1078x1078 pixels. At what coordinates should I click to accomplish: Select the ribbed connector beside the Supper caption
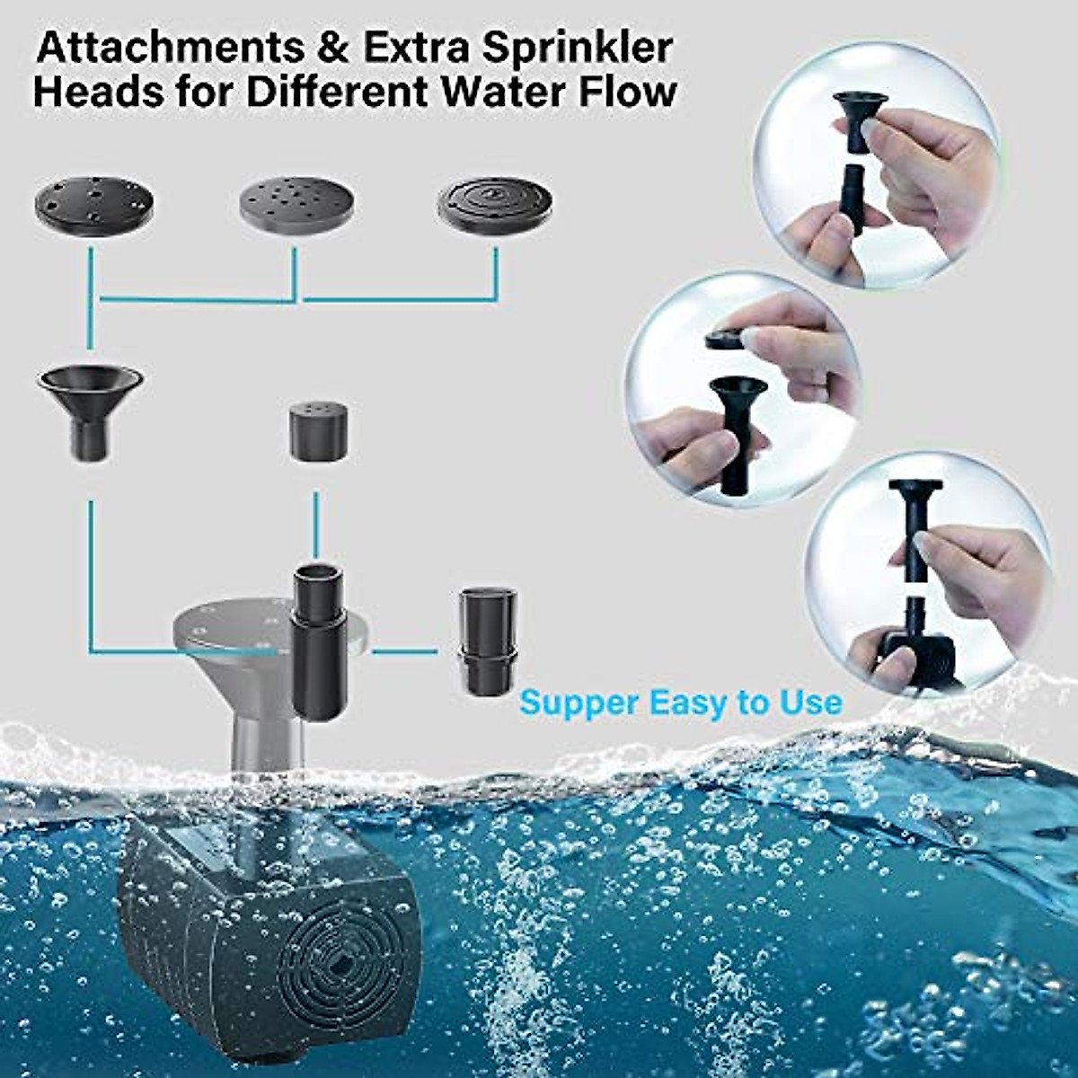pyautogui.click(x=489, y=640)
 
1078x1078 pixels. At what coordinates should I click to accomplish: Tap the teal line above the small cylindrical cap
pyautogui.click(x=316, y=526)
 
